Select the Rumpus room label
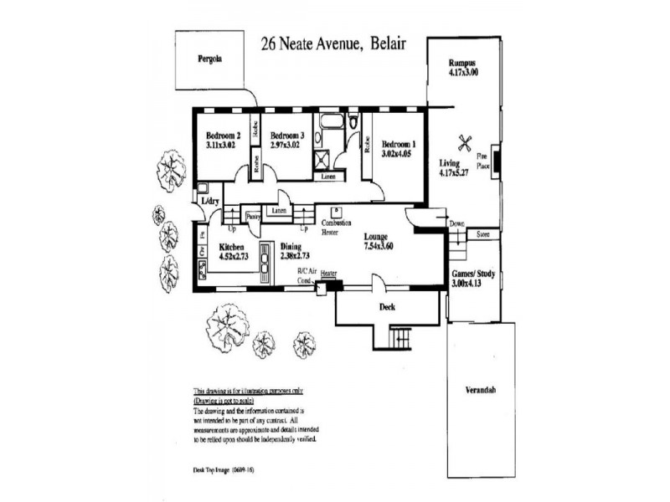point(462,62)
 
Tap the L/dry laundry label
point(210,201)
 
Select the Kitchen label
point(231,248)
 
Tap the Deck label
point(386,308)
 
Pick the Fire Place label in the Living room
point(483,161)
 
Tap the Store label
point(482,235)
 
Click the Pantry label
point(254,216)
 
